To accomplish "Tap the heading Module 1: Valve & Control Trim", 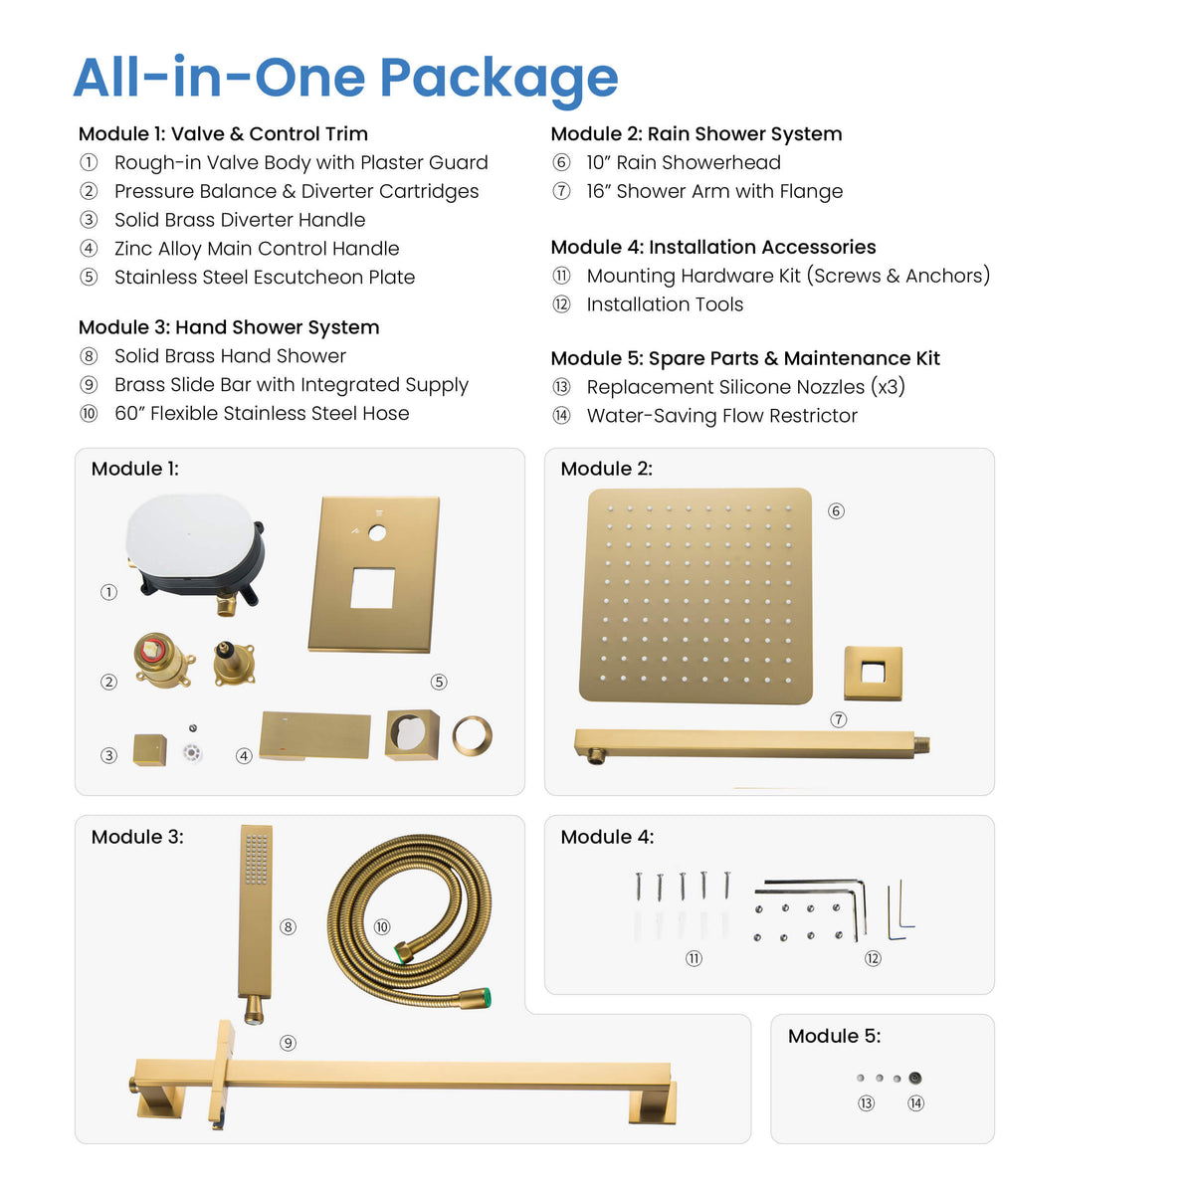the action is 223,134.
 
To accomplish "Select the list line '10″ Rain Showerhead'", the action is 684,162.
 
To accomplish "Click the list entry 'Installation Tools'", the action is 665,304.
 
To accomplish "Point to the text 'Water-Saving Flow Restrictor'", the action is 721,415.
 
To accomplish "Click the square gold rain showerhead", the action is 696,595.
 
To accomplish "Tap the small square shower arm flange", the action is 873,673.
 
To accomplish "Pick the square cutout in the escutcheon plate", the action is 372,587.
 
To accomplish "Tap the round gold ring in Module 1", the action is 473,736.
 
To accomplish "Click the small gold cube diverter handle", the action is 150,750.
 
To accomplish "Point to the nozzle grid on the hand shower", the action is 256,859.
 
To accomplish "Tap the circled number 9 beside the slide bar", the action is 288,1043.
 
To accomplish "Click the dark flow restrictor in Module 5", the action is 915,1078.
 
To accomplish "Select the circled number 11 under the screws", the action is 694,958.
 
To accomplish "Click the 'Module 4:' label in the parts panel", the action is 607,837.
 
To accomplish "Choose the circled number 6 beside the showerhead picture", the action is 836,510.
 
